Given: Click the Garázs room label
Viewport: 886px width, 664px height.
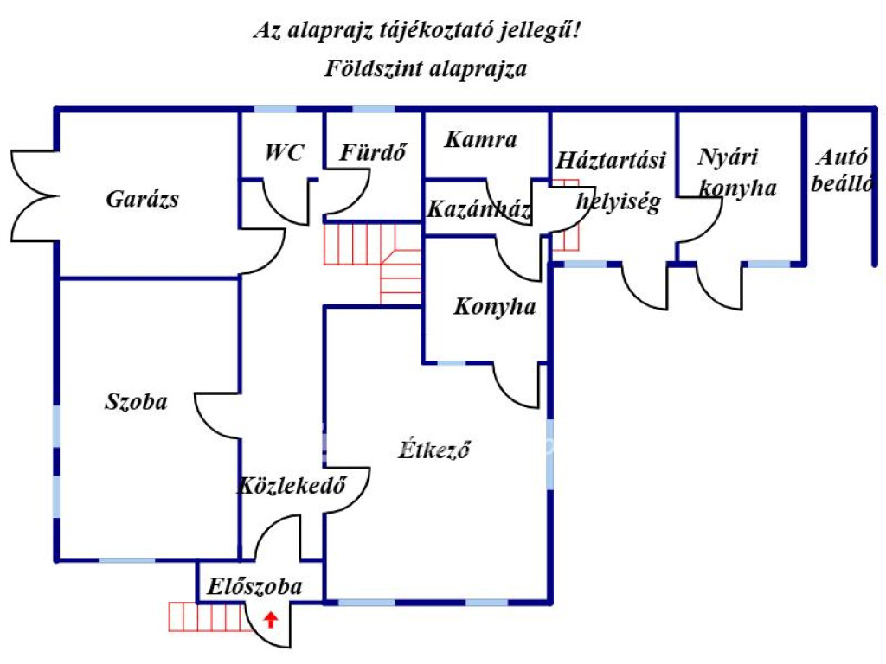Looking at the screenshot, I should coord(142,199).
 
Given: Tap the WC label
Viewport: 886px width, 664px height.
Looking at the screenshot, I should coord(285,153).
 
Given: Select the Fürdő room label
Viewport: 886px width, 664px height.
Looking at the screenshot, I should coord(373,153).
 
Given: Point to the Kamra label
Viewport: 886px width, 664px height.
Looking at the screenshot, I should coord(480,139).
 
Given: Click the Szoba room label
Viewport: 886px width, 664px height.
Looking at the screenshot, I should coord(136,401).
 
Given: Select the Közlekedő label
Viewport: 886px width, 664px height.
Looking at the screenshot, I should coord(292,485).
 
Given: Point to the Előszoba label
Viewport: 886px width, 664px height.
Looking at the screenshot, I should coord(255,587).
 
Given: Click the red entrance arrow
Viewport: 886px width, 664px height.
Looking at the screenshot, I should coord(271,618).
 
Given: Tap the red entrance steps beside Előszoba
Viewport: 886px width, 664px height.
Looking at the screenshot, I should coord(204,617).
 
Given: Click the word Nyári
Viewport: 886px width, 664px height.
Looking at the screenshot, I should coord(728,157).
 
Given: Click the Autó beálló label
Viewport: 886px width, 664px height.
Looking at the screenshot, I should coord(842,170).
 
